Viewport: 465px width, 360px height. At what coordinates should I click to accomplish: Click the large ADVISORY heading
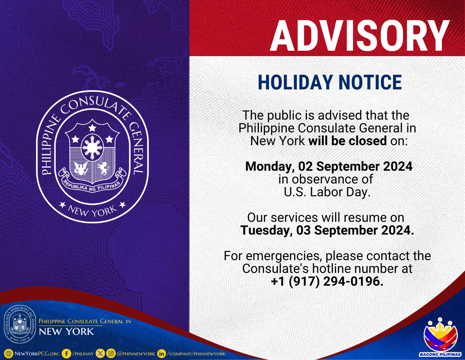(360, 36)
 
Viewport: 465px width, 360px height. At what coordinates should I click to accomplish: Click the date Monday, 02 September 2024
(329, 166)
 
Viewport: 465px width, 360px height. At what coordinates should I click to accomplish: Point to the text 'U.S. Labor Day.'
(327, 192)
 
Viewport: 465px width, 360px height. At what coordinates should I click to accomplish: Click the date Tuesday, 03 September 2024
(327, 230)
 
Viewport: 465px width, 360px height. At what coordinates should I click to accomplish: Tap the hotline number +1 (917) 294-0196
(327, 281)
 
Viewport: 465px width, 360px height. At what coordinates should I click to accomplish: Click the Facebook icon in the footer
(66, 353)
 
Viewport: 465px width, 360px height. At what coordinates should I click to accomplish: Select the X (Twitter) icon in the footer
(100, 353)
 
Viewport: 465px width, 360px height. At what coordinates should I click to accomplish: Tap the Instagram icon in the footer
(111, 353)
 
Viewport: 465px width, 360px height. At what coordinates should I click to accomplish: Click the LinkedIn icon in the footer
(162, 353)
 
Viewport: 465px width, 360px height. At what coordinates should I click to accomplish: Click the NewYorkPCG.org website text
(37, 353)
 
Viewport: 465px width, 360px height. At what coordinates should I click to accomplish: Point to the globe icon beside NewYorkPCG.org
(9, 353)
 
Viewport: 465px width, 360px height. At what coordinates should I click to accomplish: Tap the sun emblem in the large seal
(92, 147)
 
